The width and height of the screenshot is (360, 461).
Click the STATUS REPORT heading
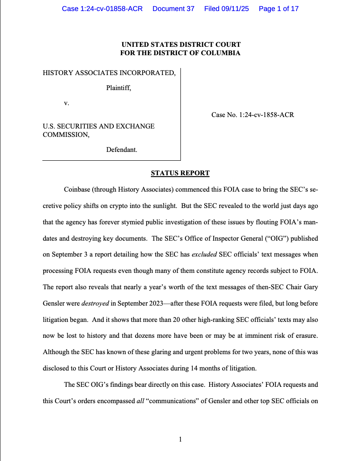[x=180, y=173]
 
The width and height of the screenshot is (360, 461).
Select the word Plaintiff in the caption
[x=118, y=88]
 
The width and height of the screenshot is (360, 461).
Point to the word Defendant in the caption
[x=121, y=150]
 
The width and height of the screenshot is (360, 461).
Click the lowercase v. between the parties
[x=67, y=103]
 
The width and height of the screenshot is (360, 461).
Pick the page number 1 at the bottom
[x=180, y=439]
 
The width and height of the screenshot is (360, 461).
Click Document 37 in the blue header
[x=173, y=9]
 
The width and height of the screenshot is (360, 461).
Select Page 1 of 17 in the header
[x=278, y=9]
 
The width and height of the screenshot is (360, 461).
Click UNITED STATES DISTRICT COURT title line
[x=181, y=45]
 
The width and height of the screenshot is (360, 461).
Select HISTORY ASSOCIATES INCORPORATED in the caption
[x=109, y=73]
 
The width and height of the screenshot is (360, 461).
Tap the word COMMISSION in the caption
[x=65, y=135]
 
